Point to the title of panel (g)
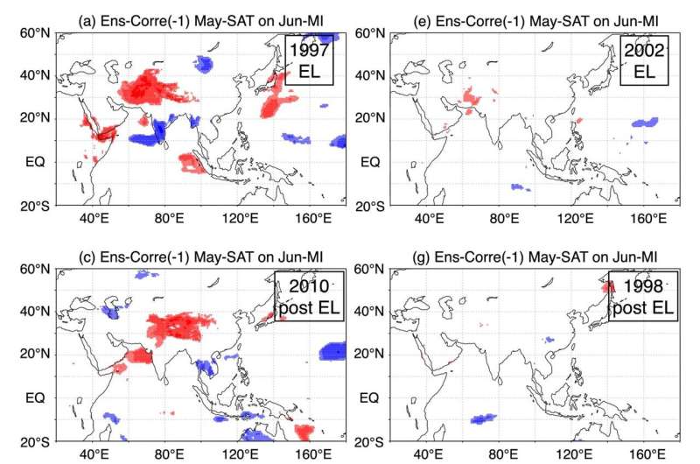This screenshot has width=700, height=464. point(511,257)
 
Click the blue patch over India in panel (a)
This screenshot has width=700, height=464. point(158,131)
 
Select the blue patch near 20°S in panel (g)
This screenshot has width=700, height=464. point(483,421)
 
